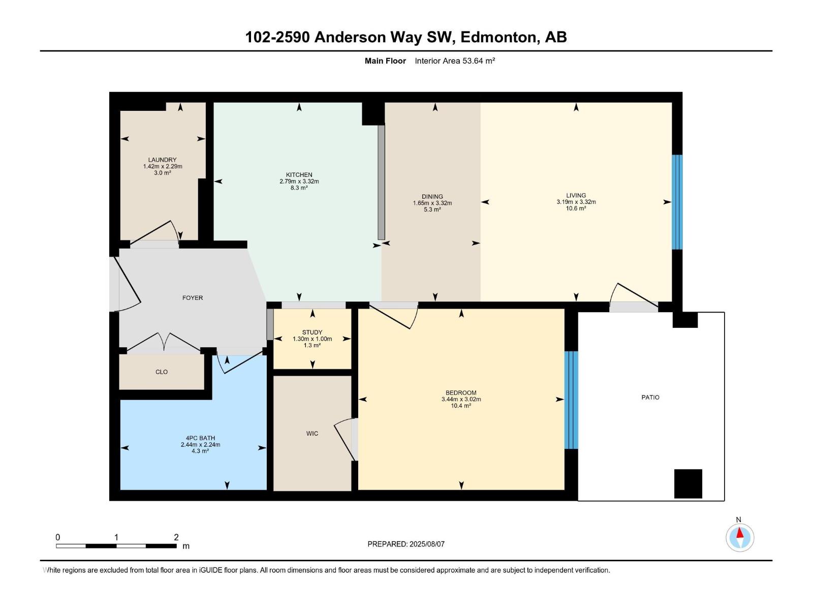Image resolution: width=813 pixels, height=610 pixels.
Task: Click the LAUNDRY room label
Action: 162,160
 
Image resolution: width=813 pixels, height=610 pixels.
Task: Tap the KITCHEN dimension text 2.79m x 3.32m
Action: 299,181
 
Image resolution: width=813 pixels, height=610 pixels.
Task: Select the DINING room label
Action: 432,197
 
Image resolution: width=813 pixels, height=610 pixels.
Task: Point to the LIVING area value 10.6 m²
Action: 576,208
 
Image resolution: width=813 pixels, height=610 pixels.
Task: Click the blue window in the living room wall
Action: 677,202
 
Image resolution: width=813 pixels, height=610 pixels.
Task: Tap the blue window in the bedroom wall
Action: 571,400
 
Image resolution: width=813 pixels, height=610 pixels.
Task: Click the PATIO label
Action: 650,398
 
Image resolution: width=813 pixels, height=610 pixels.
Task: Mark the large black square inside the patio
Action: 688,483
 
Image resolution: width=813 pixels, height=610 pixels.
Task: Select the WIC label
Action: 312,434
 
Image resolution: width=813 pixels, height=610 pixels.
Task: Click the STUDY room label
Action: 312,332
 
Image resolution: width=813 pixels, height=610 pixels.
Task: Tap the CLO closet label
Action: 162,372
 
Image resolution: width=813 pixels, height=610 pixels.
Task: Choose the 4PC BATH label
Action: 200,438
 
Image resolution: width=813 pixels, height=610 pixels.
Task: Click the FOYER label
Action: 193,298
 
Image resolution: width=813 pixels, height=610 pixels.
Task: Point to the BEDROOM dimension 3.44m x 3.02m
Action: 461,400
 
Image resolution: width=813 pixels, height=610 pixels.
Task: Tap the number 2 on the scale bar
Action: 176,537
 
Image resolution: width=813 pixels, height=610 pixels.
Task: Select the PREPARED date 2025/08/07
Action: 427,544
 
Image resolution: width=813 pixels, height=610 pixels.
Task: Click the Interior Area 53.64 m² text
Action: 455,61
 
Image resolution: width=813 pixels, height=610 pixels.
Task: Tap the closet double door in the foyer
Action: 164,342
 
